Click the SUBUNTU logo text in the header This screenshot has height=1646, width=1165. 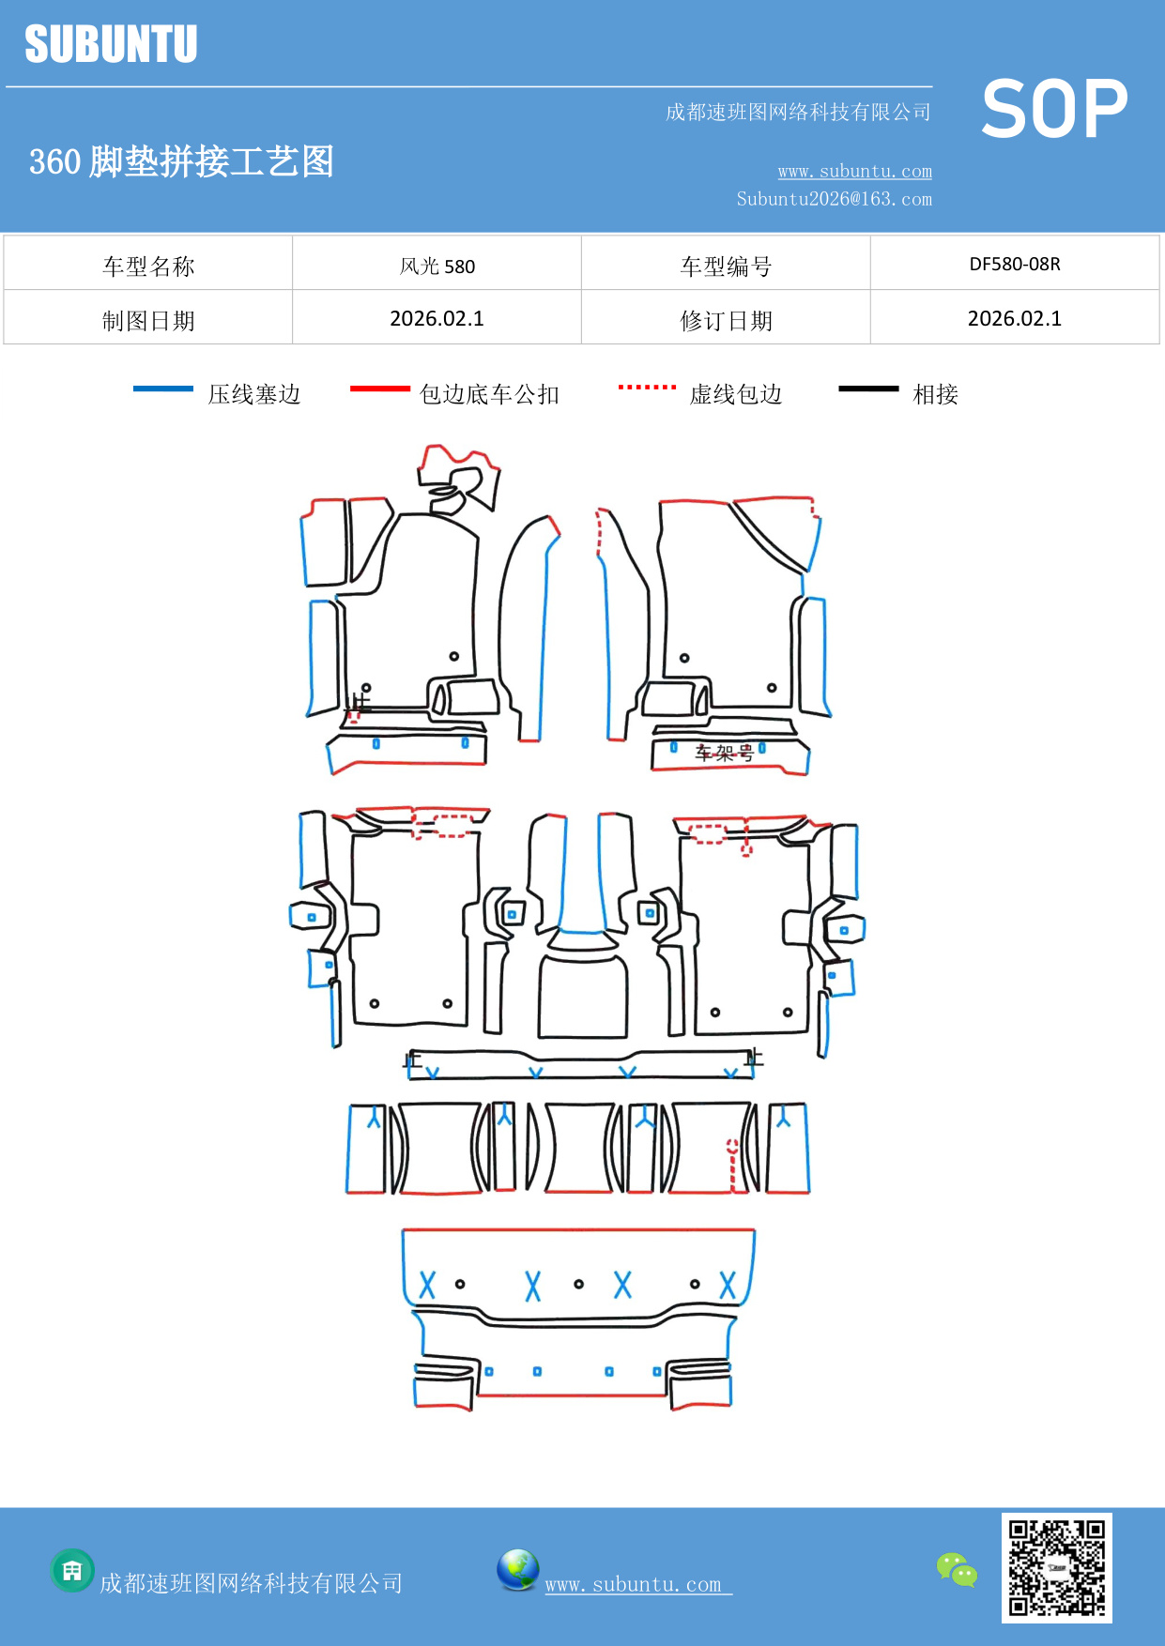pyautogui.click(x=111, y=44)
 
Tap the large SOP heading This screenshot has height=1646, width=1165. pyautogui.click(x=1054, y=110)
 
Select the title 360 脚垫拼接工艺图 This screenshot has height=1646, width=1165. pyautogui.click(x=181, y=161)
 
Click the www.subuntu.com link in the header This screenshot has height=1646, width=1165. pyautogui.click(x=854, y=171)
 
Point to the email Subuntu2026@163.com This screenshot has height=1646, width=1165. pyautogui.click(x=834, y=199)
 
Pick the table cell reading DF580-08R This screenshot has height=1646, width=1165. pyautogui.click(x=1014, y=264)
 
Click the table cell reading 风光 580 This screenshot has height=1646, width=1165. pyautogui.click(x=437, y=266)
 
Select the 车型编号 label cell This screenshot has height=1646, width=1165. pyautogui.click(x=726, y=266)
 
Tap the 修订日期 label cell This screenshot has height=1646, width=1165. pyautogui.click(x=726, y=320)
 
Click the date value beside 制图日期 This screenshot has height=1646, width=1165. pyautogui.click(x=437, y=318)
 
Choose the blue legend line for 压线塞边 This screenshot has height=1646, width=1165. pyautogui.click(x=163, y=389)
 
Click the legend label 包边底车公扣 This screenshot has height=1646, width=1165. pyautogui.click(x=489, y=394)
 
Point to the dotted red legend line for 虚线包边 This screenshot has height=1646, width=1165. pyautogui.click(x=647, y=387)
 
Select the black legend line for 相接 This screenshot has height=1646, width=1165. pyautogui.click(x=868, y=389)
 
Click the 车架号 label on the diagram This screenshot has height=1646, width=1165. pyautogui.click(x=724, y=752)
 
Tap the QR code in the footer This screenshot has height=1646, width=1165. pyautogui.click(x=1056, y=1567)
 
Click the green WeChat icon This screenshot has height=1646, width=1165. pyautogui.click(x=957, y=1570)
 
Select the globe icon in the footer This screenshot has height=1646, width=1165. pyautogui.click(x=517, y=1570)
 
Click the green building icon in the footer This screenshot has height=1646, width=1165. pyautogui.click(x=72, y=1570)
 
